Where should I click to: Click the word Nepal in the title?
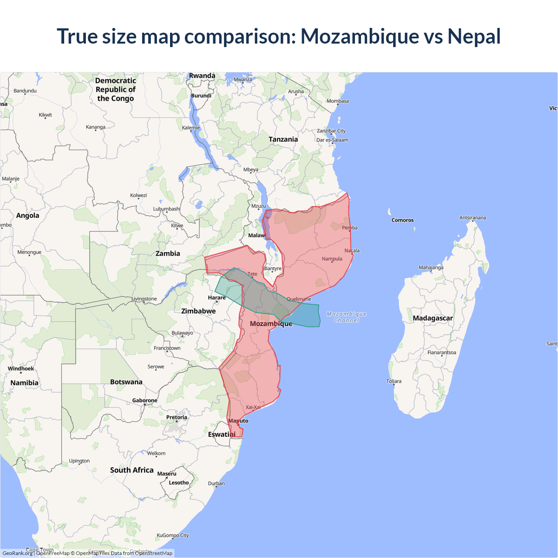click(474, 36)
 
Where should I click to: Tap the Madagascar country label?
click(432, 318)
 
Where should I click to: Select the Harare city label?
click(217, 298)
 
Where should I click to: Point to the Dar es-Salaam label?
click(332, 140)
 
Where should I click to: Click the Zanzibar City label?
click(331, 131)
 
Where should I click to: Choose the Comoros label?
click(402, 220)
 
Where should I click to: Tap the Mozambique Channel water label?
click(347, 317)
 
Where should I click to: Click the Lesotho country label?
click(179, 483)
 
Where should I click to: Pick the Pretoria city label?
click(177, 417)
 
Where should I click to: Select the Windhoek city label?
click(21, 369)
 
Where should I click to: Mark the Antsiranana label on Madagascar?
click(473, 218)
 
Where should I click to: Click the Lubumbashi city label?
click(167, 209)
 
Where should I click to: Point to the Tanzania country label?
click(283, 139)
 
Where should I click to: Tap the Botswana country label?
click(126, 382)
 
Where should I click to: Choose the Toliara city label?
click(394, 381)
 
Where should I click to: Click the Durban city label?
click(216, 483)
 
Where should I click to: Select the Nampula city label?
click(332, 259)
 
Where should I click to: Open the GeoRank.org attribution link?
click(17, 553)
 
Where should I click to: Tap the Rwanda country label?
click(202, 76)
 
